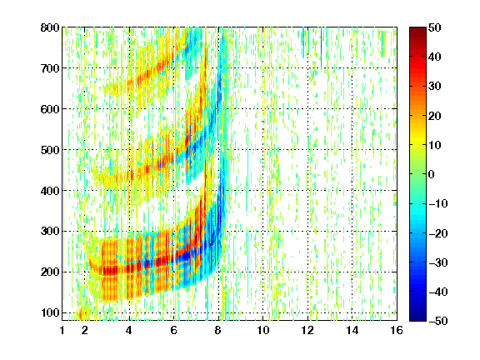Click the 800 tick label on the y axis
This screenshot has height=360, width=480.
pyautogui.click(x=50, y=27)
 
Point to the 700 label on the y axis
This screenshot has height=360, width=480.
pyautogui.click(x=50, y=68)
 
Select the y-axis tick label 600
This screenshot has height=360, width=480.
pyautogui.click(x=50, y=109)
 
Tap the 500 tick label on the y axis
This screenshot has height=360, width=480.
pyautogui.click(x=50, y=150)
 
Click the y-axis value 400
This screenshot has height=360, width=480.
pyautogui.click(x=50, y=191)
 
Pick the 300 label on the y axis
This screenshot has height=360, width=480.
pyautogui.click(x=50, y=232)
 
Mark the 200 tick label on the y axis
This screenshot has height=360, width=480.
pyautogui.click(x=50, y=272)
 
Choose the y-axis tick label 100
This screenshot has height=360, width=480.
pyautogui.click(x=50, y=312)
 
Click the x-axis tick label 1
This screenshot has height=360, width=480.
pyautogui.click(x=62, y=331)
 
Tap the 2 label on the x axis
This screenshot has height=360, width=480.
pyautogui.click(x=85, y=331)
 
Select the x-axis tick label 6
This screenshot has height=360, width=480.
pyautogui.click(x=174, y=331)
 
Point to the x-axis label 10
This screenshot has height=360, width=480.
pyautogui.click(x=263, y=331)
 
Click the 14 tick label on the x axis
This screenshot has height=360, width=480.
pyautogui.click(x=352, y=331)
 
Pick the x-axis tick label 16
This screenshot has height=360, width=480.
pyautogui.click(x=397, y=331)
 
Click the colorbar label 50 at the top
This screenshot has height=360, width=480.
pyautogui.click(x=435, y=27)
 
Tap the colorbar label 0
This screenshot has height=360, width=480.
pyautogui.click(x=432, y=174)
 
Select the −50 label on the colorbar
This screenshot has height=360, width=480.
pyautogui.click(x=437, y=321)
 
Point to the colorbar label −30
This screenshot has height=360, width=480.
pyautogui.click(x=437, y=262)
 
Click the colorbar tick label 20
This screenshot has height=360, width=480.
pyautogui.click(x=435, y=116)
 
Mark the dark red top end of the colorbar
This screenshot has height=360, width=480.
pyautogui.click(x=417, y=30)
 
